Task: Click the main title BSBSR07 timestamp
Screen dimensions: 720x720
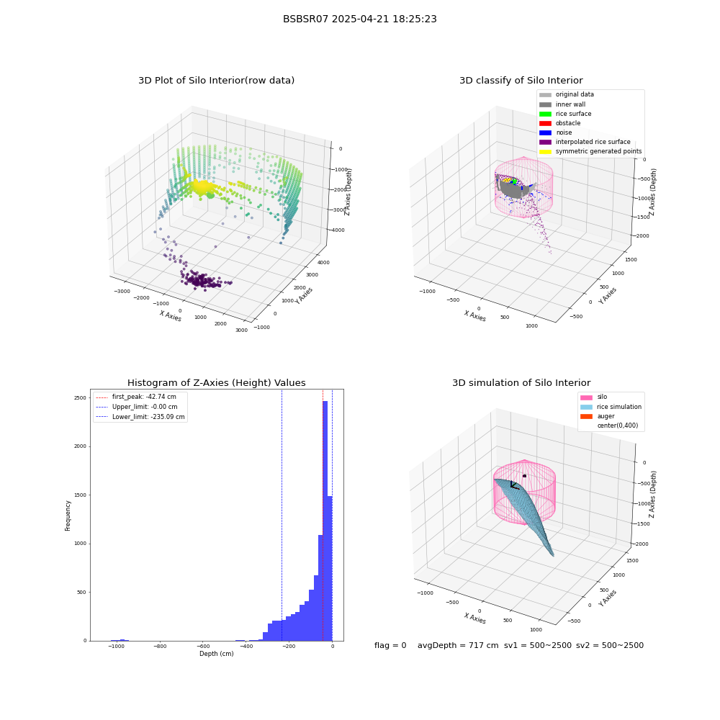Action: coord(359,19)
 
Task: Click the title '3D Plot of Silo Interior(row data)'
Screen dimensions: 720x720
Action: coord(216,81)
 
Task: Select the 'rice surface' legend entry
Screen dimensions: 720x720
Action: coord(565,114)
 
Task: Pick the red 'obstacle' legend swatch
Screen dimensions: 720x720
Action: coord(545,123)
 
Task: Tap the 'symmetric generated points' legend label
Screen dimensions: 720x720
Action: coord(598,151)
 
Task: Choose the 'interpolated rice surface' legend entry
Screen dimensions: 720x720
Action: coord(585,142)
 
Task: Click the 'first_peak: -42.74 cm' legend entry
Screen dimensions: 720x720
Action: coord(136,397)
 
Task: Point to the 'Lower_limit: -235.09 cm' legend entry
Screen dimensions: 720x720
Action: coord(140,417)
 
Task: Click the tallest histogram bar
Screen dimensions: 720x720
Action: coord(325,521)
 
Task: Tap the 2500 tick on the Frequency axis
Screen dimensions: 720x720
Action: coord(81,397)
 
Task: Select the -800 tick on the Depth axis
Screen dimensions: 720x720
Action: coord(160,647)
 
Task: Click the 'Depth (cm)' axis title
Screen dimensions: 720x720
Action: coord(216,654)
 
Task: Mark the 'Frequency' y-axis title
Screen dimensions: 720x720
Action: coord(68,516)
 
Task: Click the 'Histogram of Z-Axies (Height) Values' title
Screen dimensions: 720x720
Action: coord(216,383)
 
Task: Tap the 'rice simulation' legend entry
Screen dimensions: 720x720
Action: coord(611,407)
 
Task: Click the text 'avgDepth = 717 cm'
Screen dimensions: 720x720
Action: coord(458,645)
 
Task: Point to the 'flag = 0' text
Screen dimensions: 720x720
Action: coord(390,645)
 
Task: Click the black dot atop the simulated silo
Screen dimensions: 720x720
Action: coord(524,476)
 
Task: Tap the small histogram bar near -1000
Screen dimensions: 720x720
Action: coord(120,639)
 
